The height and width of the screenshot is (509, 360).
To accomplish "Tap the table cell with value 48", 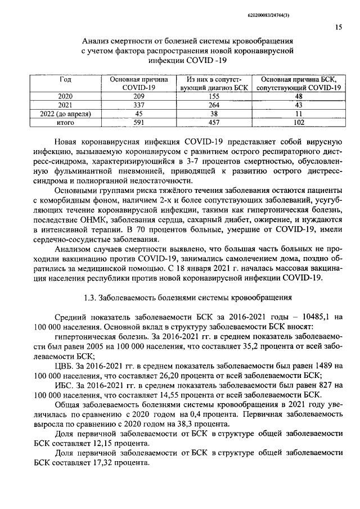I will pyautogui.click(x=299, y=96).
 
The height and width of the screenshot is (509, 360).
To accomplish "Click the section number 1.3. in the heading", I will pyautogui.click(x=89, y=298).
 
